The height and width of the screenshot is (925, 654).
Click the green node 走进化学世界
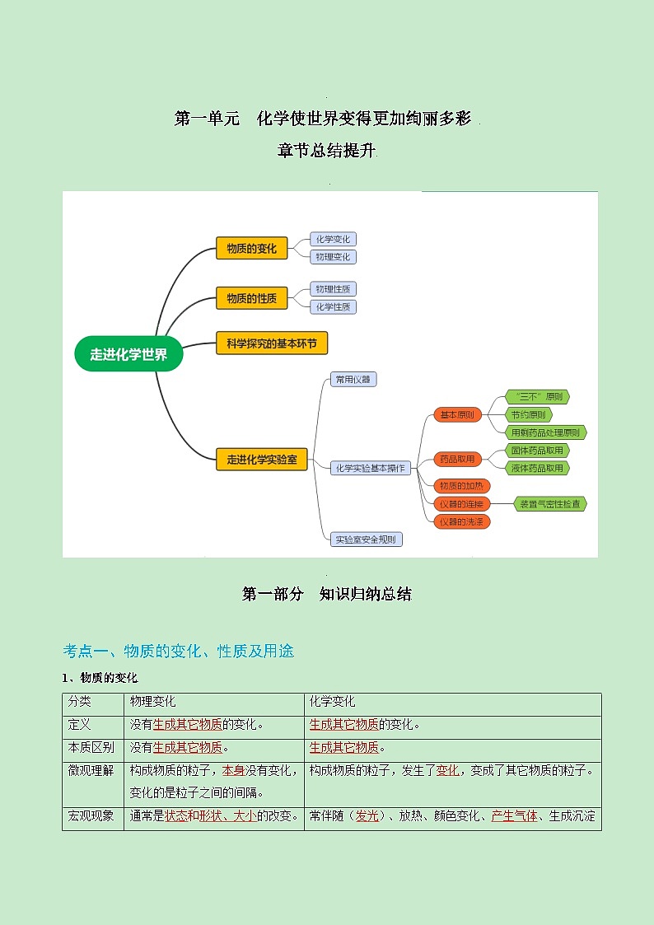tap(128, 354)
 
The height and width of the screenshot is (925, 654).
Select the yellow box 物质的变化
tap(252, 248)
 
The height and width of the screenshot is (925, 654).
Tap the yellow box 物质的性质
tap(252, 298)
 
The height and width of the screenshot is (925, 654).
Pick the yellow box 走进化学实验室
tap(262, 460)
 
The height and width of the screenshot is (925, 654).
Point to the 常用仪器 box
tap(353, 380)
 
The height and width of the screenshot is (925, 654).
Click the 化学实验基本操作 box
tap(371, 468)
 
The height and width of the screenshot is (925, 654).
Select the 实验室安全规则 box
tap(366, 540)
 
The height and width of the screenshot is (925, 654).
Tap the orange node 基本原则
tap(458, 415)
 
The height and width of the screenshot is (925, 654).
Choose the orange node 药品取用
tap(458, 459)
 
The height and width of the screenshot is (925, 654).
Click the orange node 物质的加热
tap(462, 485)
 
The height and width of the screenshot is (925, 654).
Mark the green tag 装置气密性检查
tap(549, 503)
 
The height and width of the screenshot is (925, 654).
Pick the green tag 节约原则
tap(528, 415)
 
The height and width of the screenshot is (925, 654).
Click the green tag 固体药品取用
tap(537, 451)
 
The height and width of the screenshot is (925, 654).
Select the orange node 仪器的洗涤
tap(462, 521)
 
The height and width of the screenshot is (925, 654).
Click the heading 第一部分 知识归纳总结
tap(326, 594)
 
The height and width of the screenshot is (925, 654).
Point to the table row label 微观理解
tap(91, 771)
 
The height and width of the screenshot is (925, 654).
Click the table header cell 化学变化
tap(332, 702)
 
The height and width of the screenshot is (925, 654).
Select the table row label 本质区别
tap(91, 748)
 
